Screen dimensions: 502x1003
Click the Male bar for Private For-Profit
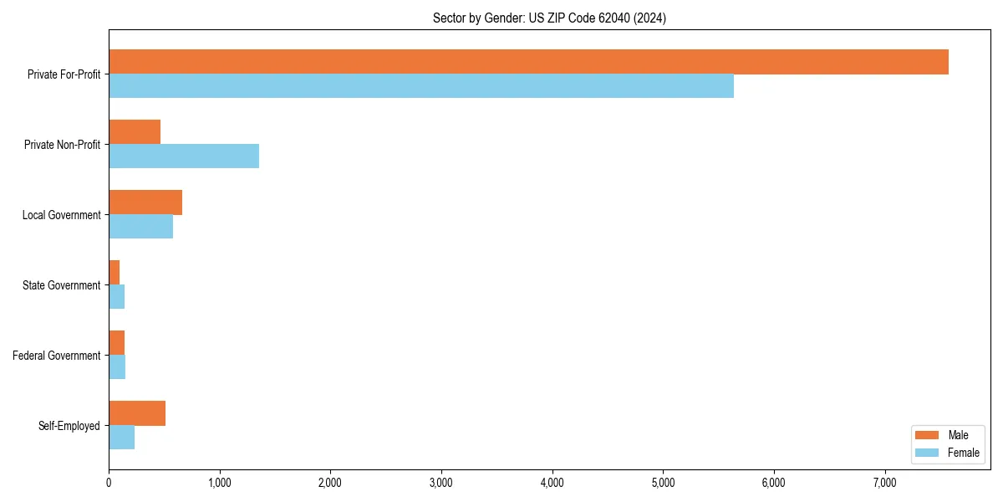[528, 62]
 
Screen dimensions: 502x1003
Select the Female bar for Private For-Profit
[421, 86]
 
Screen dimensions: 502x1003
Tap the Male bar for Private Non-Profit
[135, 132]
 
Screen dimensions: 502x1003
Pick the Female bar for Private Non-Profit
[184, 156]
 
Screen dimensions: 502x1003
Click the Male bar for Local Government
[145, 202]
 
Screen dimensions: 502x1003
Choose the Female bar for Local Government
[140, 227]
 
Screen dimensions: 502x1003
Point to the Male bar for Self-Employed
[137, 413]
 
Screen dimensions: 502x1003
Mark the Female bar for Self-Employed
[121, 438]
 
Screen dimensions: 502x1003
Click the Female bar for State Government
[116, 297]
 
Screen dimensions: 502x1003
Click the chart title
[549, 18]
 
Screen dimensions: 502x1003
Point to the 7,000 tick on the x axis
[884, 482]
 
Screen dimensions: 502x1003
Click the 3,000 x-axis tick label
[441, 482]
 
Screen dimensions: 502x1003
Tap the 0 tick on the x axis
[109, 482]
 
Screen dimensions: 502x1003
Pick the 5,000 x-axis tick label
[663, 482]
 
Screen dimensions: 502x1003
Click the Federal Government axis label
[57, 356]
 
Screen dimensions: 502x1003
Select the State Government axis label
[62, 285]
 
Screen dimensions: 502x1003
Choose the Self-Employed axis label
[69, 426]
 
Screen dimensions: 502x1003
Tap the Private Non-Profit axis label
[63, 145]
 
